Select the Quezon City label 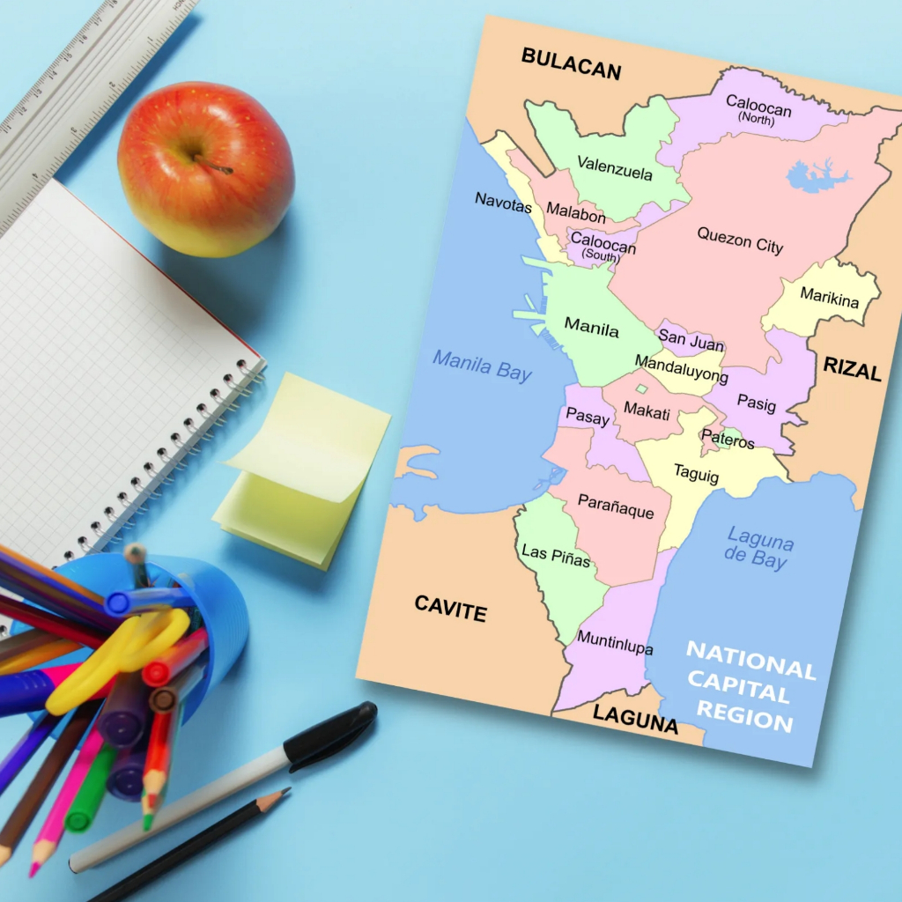pos(740,240)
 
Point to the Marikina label pos(829,298)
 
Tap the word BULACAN pos(571,63)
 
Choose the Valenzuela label pos(615,167)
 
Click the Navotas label pos(504,202)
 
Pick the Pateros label pos(728,438)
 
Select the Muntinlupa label pos(615,642)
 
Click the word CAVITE pos(450,608)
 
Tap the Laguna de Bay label pos(758,546)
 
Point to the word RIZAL pos(852,369)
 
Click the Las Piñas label pos(556,556)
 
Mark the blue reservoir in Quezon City pos(816,176)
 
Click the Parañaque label pos(616,506)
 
